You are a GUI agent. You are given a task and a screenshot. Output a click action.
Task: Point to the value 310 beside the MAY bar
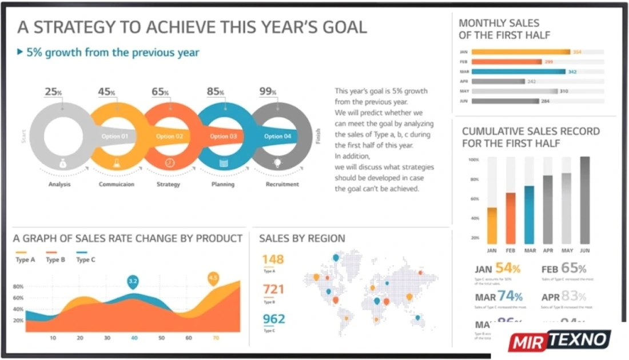[x=564, y=91]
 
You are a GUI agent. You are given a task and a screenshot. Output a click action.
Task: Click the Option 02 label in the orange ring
[x=170, y=137]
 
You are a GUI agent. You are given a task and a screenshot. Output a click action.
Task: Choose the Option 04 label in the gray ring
[x=277, y=137]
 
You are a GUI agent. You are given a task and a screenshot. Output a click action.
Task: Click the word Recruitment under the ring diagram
[x=282, y=185]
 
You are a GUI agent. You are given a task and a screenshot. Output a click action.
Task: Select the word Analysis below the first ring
[x=59, y=185]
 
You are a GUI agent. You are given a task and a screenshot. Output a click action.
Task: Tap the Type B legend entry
[x=55, y=260]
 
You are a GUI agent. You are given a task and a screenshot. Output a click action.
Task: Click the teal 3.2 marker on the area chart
[x=133, y=281]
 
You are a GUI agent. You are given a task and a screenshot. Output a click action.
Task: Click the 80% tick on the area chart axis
[x=18, y=287]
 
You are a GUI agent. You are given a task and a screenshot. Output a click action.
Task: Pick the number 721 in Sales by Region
[x=273, y=289]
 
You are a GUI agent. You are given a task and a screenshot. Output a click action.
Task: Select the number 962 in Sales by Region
[x=274, y=319]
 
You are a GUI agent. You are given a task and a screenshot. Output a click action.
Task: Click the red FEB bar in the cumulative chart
[x=511, y=218]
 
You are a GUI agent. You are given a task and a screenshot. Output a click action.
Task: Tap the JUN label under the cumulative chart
[x=584, y=251]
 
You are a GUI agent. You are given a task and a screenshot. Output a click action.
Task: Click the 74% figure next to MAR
[x=509, y=297]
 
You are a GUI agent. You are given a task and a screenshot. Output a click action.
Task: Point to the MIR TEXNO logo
[x=559, y=341]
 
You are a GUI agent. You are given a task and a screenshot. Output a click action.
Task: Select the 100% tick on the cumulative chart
[x=473, y=160]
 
